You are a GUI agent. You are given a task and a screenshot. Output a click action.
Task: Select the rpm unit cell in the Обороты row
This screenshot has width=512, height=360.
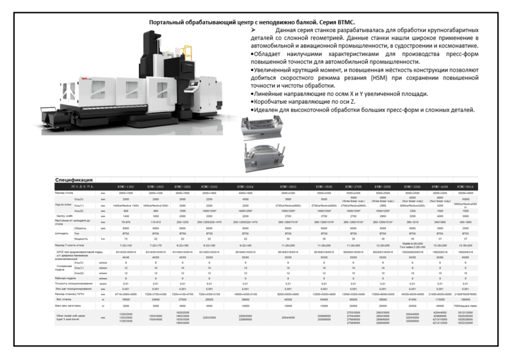[x=103, y=227]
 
